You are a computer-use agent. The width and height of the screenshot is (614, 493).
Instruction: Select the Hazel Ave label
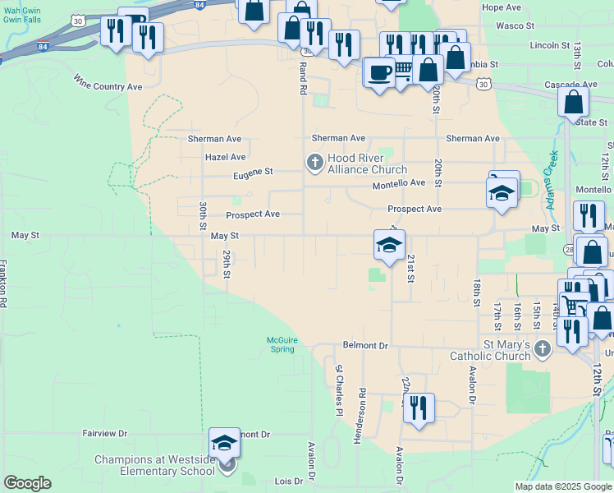click(226, 157)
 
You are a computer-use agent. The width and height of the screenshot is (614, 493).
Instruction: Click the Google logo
click(27, 483)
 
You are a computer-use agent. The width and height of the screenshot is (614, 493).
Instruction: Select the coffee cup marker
click(378, 72)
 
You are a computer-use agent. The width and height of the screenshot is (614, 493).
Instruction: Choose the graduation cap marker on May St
click(389, 244)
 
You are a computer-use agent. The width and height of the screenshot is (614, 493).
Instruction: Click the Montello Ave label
click(399, 184)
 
